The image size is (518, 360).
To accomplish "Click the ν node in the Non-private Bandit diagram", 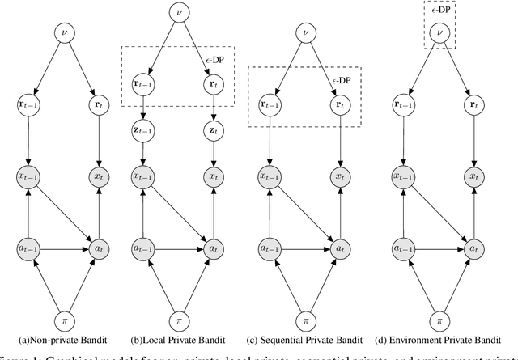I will [x=65, y=33].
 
